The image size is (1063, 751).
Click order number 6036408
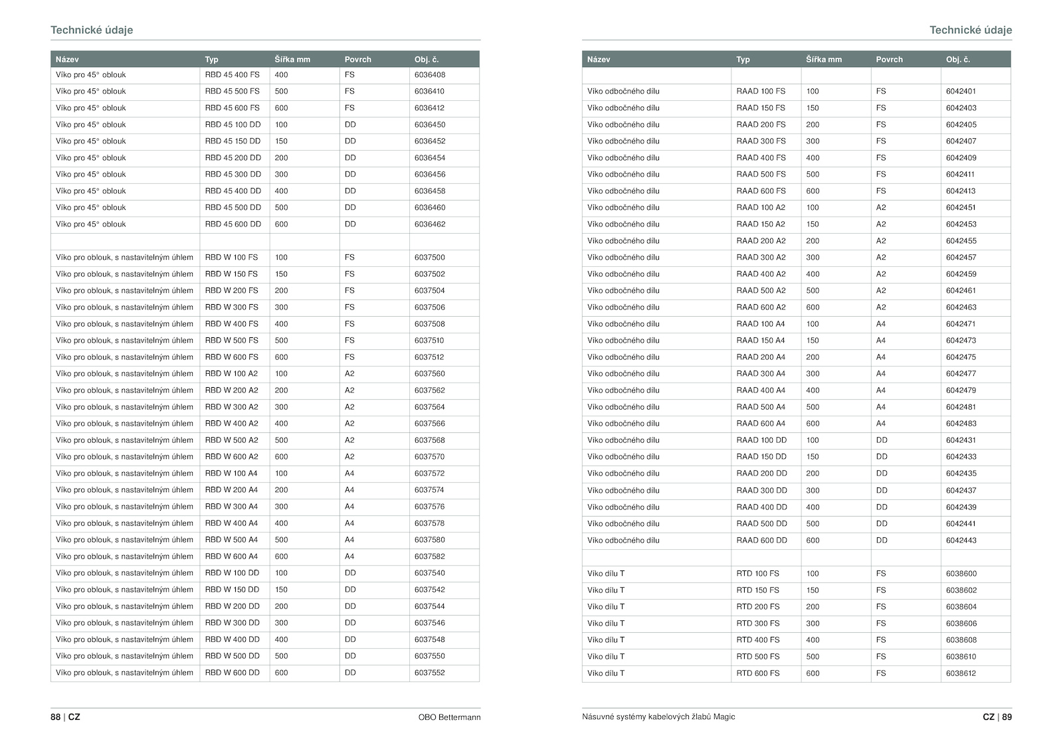430,75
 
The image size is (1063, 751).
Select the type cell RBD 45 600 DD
233,224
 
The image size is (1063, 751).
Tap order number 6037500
430,258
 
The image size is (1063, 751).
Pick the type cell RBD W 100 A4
231,473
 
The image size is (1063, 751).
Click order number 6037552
430,673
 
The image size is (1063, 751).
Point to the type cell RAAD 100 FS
761,92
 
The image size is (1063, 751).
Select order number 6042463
961,307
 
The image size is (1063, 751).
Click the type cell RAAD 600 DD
761,541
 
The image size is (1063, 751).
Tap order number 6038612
961,673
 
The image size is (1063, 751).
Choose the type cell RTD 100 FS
758,574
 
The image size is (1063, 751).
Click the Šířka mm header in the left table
292,60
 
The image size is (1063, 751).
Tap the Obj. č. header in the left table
427,60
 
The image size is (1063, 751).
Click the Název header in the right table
599,60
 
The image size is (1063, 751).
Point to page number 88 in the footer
55,717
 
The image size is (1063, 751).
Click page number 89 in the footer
1007,717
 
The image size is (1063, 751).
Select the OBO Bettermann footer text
449,717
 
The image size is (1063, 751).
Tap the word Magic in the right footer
724,717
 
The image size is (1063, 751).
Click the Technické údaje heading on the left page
92,30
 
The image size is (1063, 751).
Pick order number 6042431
961,440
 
